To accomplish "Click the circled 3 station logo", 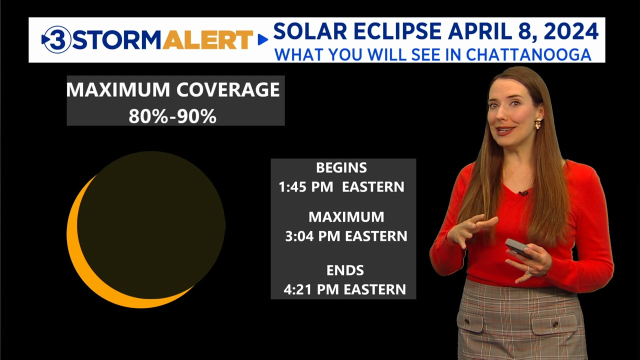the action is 56,39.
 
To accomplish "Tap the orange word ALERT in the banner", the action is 207,39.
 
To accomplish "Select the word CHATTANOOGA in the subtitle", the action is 528,54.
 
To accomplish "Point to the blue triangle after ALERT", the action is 263,39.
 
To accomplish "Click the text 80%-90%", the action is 172,116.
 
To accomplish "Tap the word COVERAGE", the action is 228,89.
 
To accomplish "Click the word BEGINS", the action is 341,167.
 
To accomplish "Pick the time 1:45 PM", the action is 305,187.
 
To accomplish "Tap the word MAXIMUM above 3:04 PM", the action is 346,217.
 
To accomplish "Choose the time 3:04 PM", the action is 312,236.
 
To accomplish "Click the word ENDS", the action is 345,270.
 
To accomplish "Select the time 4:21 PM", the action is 311,289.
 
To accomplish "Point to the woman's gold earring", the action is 538,123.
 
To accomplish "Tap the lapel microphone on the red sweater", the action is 523,193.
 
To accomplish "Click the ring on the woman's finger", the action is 528,270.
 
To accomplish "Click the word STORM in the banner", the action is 117,39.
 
